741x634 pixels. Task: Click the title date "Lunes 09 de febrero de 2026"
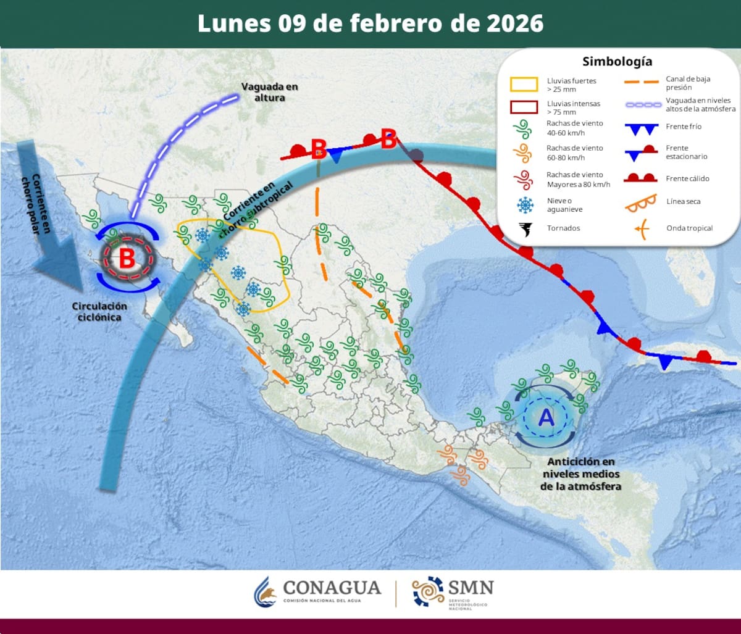tap(371, 23)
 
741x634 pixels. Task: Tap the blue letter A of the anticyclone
tap(546, 418)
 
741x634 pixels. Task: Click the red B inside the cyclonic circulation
tap(127, 258)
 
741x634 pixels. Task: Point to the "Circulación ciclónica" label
tap(99, 311)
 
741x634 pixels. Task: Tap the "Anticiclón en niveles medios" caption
tap(580, 473)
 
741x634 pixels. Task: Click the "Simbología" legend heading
tap(617, 62)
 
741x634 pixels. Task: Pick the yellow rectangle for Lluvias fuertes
tap(524, 85)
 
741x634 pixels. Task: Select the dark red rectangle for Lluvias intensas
tap(524, 107)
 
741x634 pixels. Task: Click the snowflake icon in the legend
tap(525, 205)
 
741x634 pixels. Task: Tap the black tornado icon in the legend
tap(525, 229)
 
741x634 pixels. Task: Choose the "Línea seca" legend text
tap(684, 201)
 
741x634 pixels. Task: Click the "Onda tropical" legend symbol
tap(641, 229)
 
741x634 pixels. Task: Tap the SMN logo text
tap(471, 586)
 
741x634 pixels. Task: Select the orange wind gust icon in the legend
tap(524, 152)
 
